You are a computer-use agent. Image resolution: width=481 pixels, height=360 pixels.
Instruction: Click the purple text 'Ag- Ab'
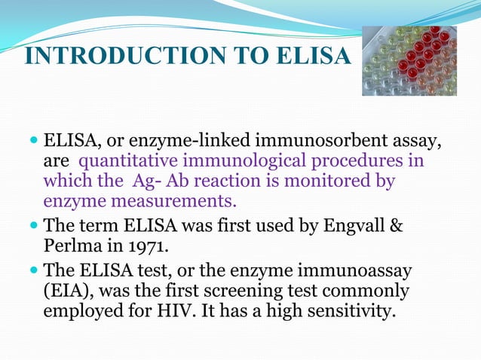pos(155,182)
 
